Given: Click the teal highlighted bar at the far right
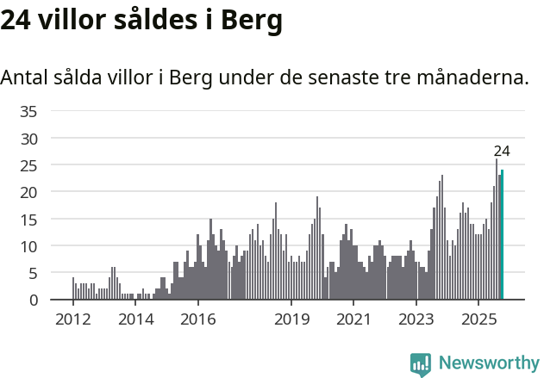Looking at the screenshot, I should coord(502,235).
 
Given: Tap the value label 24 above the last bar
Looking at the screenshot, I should coord(502,152).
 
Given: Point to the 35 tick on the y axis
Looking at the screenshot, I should coord(28,111).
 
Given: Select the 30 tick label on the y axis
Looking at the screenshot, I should coord(28,138).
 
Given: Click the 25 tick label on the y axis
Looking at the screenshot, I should coord(28,165).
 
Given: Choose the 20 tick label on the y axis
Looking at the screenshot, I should coord(28,192).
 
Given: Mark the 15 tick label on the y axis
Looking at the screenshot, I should coord(28,220).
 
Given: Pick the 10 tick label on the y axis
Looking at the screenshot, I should coord(28,246).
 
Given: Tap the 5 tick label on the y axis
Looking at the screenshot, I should coord(33,273).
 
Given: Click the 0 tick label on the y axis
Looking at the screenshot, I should coord(33,301).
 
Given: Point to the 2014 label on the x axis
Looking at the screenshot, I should coord(135,320).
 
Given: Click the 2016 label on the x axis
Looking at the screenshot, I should coord(197,320).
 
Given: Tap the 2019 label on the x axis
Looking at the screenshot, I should coord(291,320).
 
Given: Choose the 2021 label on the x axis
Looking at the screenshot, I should coord(353,320).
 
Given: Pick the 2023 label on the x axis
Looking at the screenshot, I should coord(416,320).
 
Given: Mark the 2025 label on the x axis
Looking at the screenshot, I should coord(478,320).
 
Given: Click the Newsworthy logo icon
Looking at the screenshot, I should coord(421,364).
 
